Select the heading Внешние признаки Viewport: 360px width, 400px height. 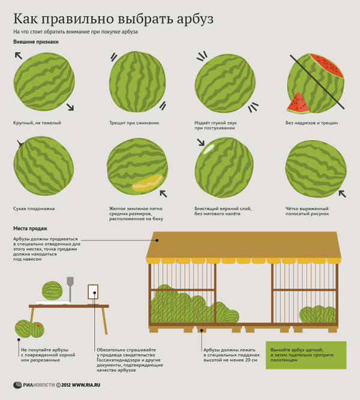[36, 42]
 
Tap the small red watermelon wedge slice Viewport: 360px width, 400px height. [298, 103]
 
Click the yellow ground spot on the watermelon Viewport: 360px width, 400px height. [147, 183]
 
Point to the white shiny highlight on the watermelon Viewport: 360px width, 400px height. [208, 149]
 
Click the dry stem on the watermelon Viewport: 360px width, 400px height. [20, 143]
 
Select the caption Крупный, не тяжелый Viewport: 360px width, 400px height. [37, 123]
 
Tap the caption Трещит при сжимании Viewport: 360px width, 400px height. [134, 123]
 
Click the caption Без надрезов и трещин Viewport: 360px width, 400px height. [311, 123]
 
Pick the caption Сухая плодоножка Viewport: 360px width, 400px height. [34, 209]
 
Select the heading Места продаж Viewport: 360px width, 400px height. [30, 228]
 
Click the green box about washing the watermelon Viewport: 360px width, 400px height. [306, 355]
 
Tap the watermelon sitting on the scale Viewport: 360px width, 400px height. [52, 291]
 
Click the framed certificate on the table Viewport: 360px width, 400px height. [93, 292]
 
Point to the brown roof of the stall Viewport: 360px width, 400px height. [244, 245]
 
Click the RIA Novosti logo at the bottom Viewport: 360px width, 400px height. [34, 385]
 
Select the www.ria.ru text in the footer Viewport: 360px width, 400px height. [86, 385]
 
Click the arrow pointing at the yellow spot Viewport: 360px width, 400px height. [163, 194]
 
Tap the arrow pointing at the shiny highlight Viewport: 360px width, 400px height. [200, 142]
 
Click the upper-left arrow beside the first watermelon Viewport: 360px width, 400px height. [19, 56]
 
